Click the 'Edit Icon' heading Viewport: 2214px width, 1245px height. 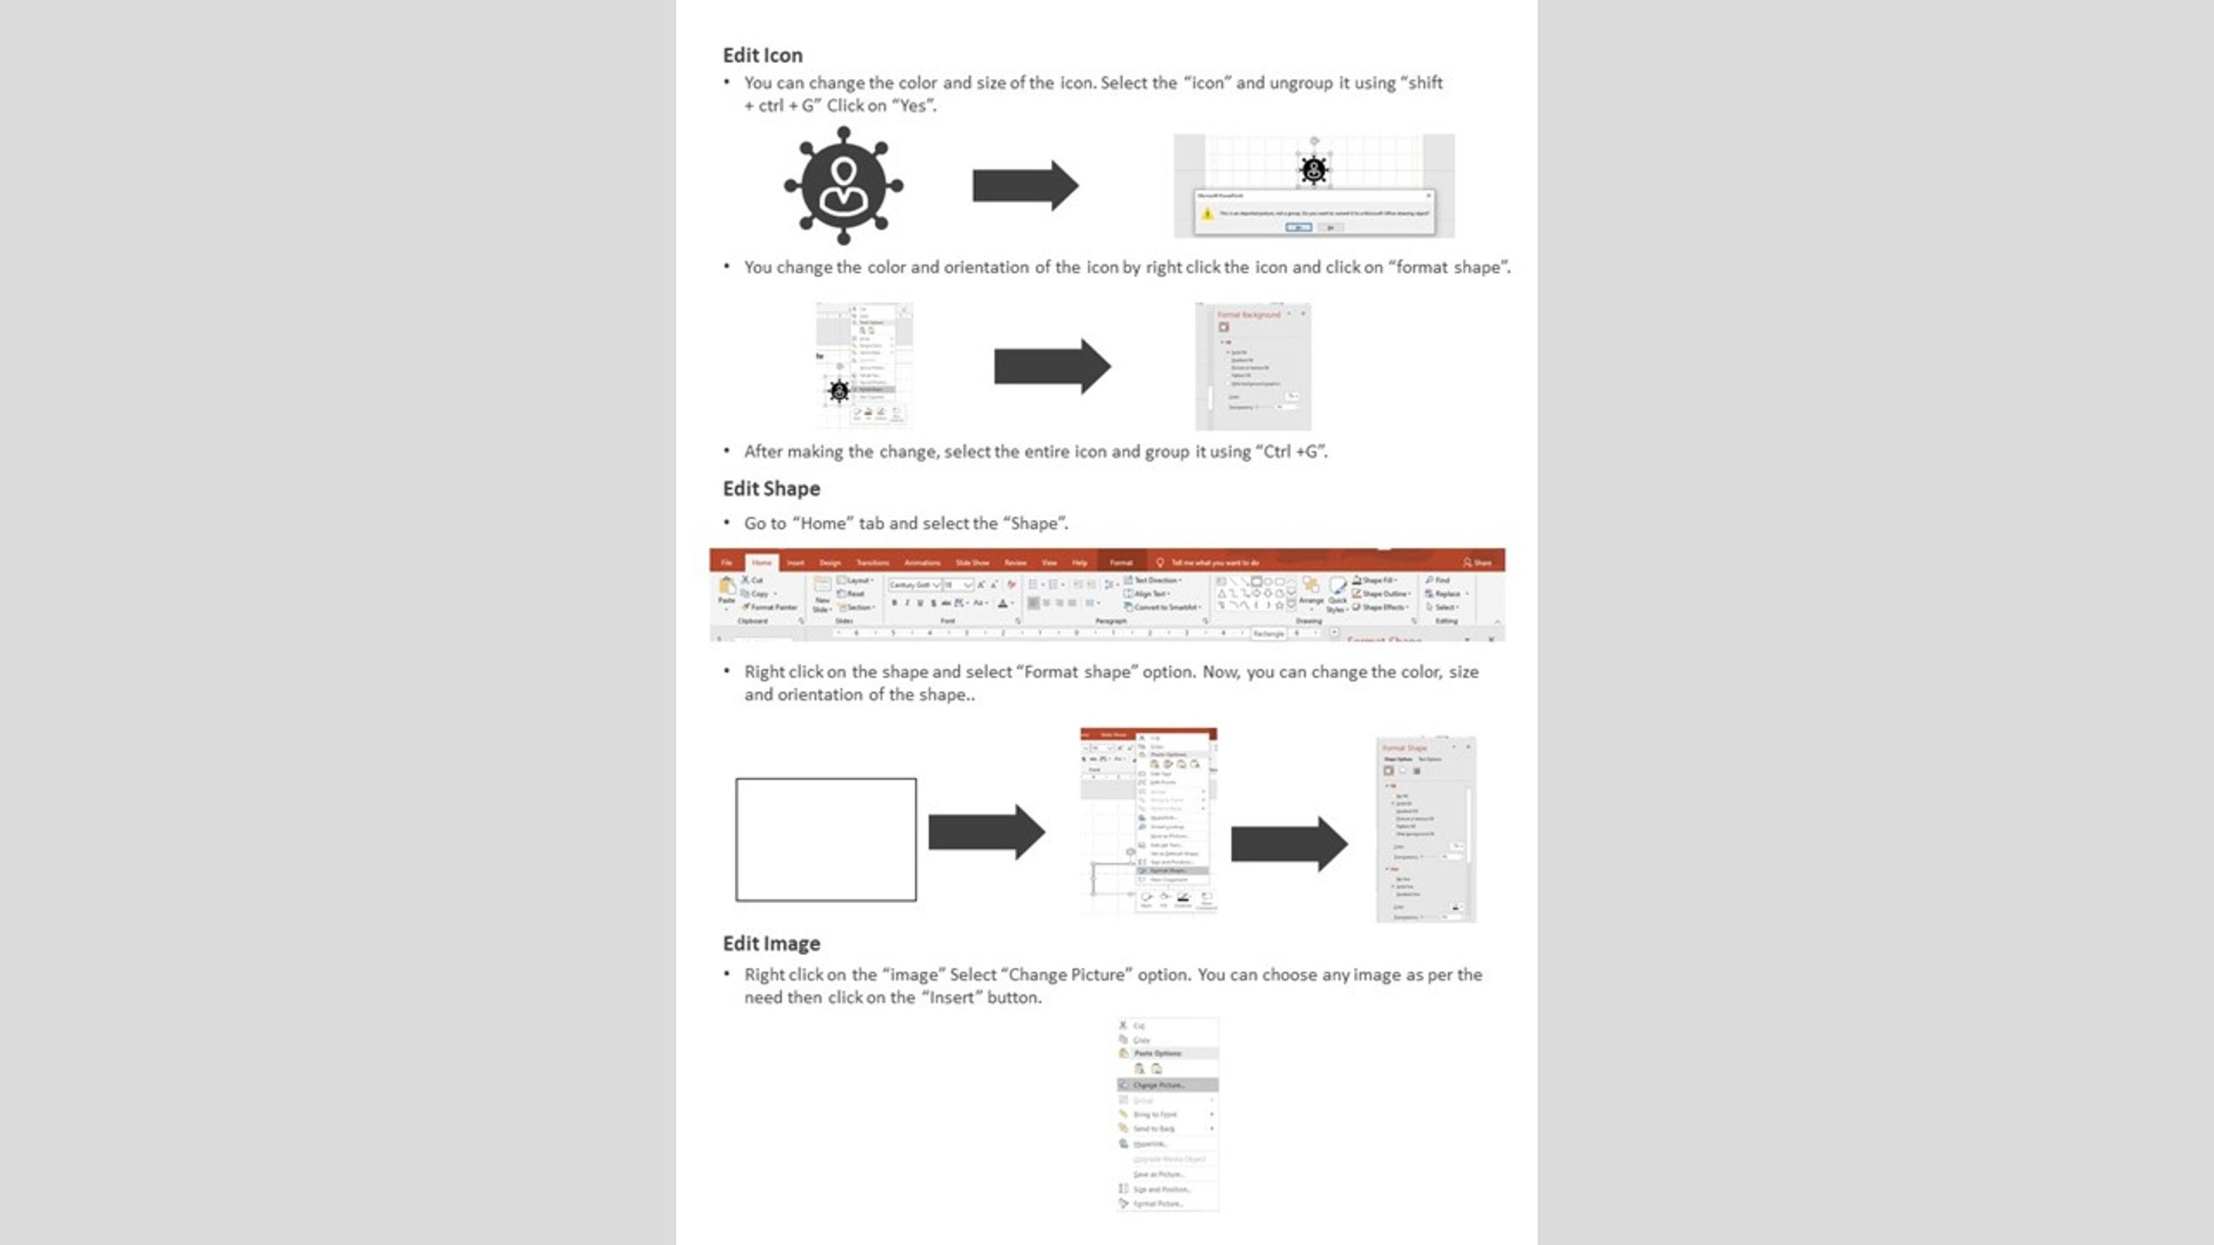762,55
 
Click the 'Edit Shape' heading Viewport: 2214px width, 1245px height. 771,488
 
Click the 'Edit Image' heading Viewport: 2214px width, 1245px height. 771,943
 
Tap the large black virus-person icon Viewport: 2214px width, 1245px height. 843,186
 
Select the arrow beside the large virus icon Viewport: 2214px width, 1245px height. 1024,186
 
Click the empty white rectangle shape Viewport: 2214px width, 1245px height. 825,839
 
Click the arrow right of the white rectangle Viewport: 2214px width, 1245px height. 986,832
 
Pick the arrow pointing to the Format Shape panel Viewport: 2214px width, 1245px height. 1289,844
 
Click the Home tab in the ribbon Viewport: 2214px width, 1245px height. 762,563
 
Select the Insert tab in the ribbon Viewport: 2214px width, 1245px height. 795,563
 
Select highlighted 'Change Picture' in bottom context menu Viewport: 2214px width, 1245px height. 1158,1085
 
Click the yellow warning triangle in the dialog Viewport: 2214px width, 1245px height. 1207,213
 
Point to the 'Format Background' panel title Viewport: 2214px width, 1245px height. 1248,316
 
